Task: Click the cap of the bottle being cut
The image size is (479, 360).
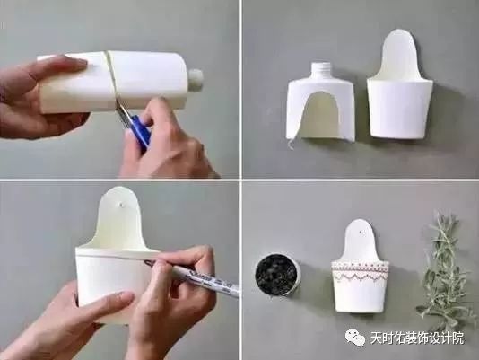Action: coord(195,78)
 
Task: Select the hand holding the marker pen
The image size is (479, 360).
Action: coord(184,296)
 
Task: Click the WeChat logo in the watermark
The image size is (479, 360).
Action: coord(356,338)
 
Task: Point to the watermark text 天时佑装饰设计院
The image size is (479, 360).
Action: coord(417,339)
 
